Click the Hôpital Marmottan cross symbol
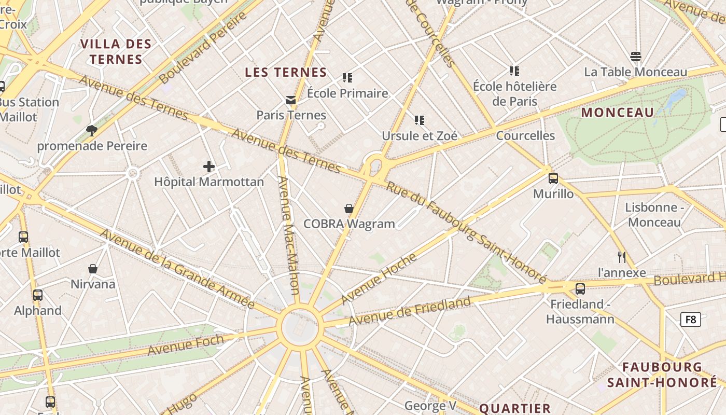209,167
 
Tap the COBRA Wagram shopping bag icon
349,209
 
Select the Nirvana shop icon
93,269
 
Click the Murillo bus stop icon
553,178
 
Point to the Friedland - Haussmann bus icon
580,288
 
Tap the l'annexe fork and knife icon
622,257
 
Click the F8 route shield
690,319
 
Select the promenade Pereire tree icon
92,130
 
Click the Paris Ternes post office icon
291,100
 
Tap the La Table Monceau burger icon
636,57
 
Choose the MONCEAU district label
618,113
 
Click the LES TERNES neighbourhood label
286,73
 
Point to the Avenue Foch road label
186,345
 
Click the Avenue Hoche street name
379,278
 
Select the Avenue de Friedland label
410,310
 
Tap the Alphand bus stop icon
38,295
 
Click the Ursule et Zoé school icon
420,120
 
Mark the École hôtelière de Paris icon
514,71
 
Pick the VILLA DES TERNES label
116,51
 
